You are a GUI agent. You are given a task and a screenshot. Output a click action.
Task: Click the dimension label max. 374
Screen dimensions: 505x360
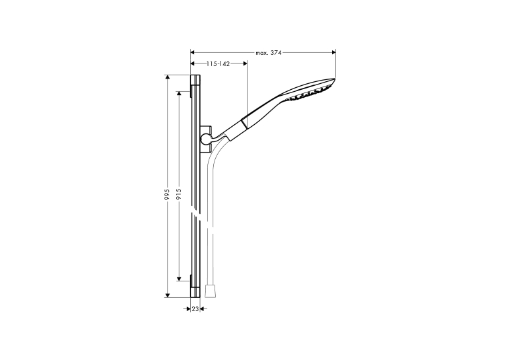[268, 53]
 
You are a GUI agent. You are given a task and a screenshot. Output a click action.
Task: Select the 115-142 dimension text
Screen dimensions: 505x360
[218, 64]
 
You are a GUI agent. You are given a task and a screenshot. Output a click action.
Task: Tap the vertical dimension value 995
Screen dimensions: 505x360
[167, 194]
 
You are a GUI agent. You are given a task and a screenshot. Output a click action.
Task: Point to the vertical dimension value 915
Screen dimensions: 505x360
[179, 194]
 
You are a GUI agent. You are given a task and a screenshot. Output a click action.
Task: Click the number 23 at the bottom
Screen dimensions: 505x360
[195, 309]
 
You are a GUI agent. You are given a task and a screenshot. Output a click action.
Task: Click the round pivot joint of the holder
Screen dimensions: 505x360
[205, 139]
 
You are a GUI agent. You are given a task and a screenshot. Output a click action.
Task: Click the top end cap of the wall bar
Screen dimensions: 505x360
[195, 80]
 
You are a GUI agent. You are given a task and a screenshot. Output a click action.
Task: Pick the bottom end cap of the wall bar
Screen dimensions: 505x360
[195, 292]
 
